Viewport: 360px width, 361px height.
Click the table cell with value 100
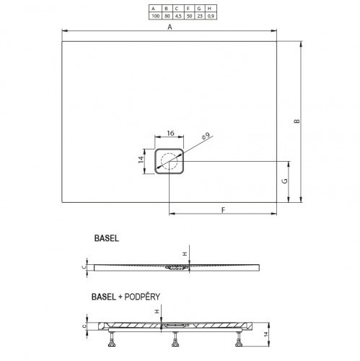(156, 16)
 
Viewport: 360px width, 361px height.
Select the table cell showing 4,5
(178, 16)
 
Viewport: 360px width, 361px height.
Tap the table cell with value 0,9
(211, 16)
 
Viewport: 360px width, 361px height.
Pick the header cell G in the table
(199, 9)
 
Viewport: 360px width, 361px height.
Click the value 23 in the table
(200, 16)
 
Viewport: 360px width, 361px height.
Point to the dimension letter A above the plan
(170, 27)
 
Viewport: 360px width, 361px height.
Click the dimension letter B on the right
(297, 121)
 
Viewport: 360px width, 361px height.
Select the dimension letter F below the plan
(223, 210)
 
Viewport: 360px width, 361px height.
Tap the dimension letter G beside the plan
(284, 180)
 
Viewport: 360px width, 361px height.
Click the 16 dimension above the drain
(170, 133)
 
